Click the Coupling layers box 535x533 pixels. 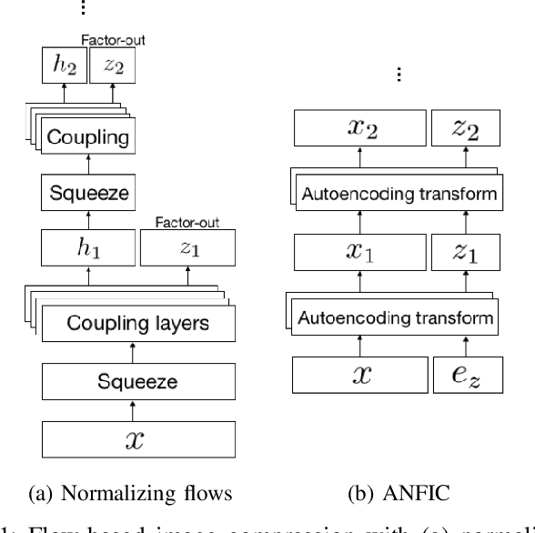click(x=132, y=322)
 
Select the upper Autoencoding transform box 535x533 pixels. click(x=398, y=194)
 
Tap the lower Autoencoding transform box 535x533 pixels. click(x=398, y=318)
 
